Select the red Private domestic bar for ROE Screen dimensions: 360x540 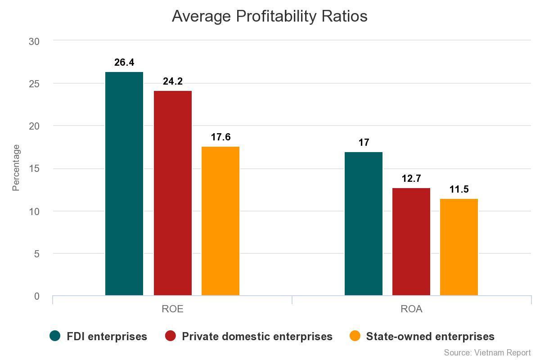pos(173,193)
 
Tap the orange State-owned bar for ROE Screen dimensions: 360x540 pos(220,221)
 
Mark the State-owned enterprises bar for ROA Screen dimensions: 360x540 pos(459,247)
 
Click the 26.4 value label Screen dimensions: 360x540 pos(124,63)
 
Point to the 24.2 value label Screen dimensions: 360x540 pos(173,81)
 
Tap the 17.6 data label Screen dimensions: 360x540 pos(220,137)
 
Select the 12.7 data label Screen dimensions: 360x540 pos(411,179)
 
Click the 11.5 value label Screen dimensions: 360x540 pos(459,189)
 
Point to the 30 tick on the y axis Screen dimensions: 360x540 pos(34,41)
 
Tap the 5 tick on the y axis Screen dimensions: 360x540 pos(37,254)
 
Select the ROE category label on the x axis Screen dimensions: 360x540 pos(172,310)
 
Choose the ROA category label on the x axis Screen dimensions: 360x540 pos(411,310)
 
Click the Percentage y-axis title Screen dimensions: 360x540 pos(16,168)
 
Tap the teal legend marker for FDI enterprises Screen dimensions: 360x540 pos(55,336)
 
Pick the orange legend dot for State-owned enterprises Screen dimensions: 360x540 pos(355,336)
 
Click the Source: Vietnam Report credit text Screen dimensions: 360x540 pos(487,352)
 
